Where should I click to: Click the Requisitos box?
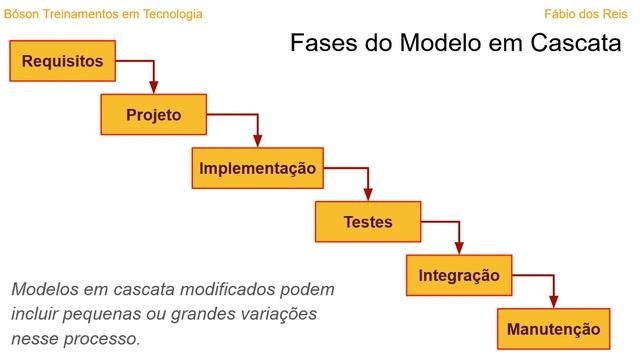62,61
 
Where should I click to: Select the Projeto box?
153,114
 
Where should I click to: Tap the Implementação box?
258,168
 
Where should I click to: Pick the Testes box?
367,222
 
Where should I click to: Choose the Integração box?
458,275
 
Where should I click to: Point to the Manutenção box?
553,329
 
